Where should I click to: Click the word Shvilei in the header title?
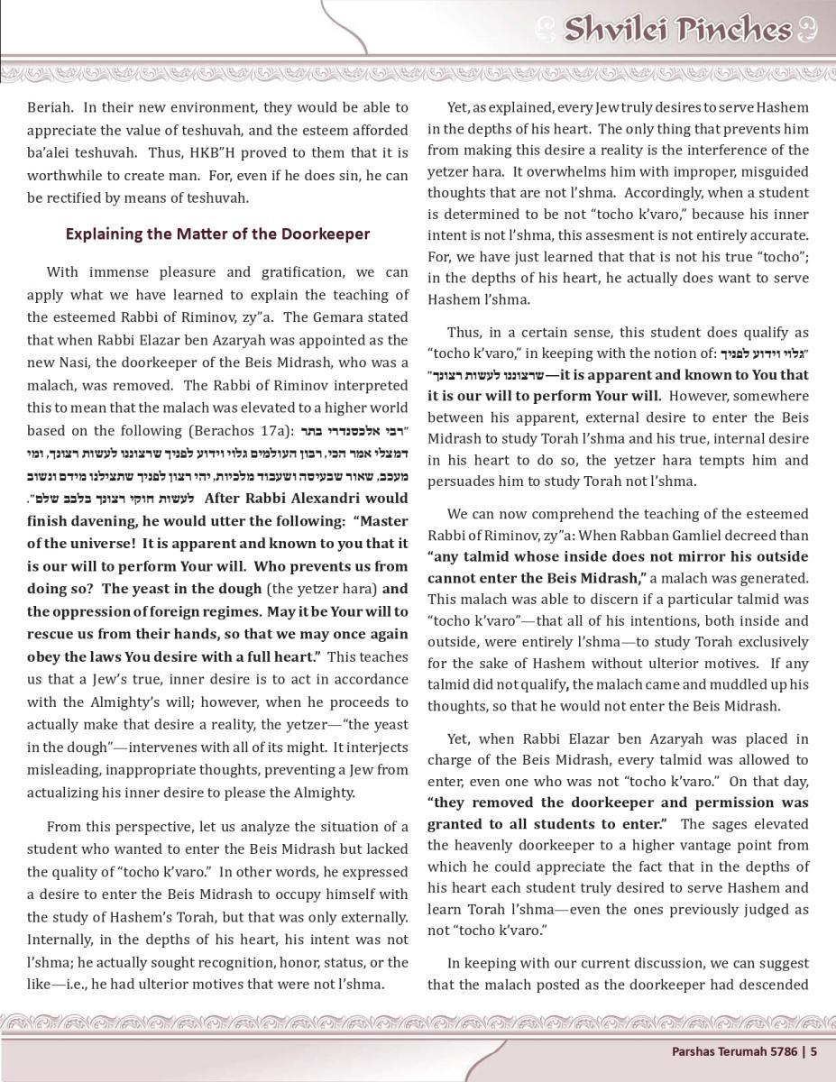tap(617, 31)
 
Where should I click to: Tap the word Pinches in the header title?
tap(733, 31)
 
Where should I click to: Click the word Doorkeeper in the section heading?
tap(326, 234)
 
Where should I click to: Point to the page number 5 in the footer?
tap(813, 1050)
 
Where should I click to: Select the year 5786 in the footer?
tap(781, 1050)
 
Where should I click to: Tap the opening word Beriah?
tap(49, 107)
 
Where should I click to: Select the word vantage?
tap(637, 845)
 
